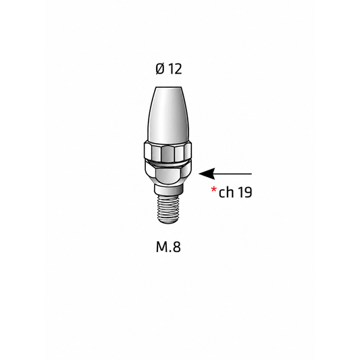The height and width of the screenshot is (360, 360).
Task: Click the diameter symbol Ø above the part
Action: coord(160,69)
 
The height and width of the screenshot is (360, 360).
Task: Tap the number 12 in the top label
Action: coord(176,69)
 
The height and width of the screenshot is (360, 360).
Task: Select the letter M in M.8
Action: coord(162,247)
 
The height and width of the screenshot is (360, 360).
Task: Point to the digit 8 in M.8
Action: coord(176,247)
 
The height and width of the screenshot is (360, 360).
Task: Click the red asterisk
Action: coord(213,190)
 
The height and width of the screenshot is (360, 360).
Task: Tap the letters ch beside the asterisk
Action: coord(226,192)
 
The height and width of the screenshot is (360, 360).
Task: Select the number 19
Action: coord(245,192)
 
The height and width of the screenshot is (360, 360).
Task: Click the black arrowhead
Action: coord(207,174)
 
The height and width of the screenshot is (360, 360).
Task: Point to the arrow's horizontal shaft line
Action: coord(233,174)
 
